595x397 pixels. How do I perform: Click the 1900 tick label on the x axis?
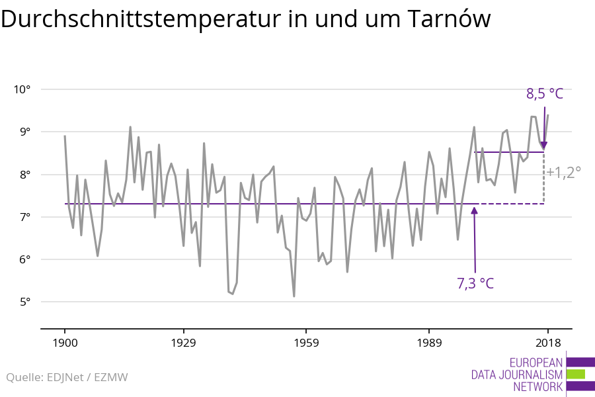pyautogui.click(x=65, y=342)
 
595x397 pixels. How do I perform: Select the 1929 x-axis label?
pyautogui.click(x=183, y=342)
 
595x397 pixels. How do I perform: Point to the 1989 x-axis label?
pyautogui.click(x=429, y=342)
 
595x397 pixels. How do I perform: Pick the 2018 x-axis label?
pyautogui.click(x=547, y=342)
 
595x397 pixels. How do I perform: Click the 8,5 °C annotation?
pyautogui.click(x=545, y=94)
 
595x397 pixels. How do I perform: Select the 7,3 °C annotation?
pyautogui.click(x=475, y=284)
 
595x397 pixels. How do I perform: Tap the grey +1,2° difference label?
pyautogui.click(x=564, y=172)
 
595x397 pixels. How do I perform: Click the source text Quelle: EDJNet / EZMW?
pyautogui.click(x=67, y=378)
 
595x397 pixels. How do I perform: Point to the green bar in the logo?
pyautogui.click(x=576, y=374)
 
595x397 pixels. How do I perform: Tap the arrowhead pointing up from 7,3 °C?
pyautogui.click(x=474, y=210)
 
